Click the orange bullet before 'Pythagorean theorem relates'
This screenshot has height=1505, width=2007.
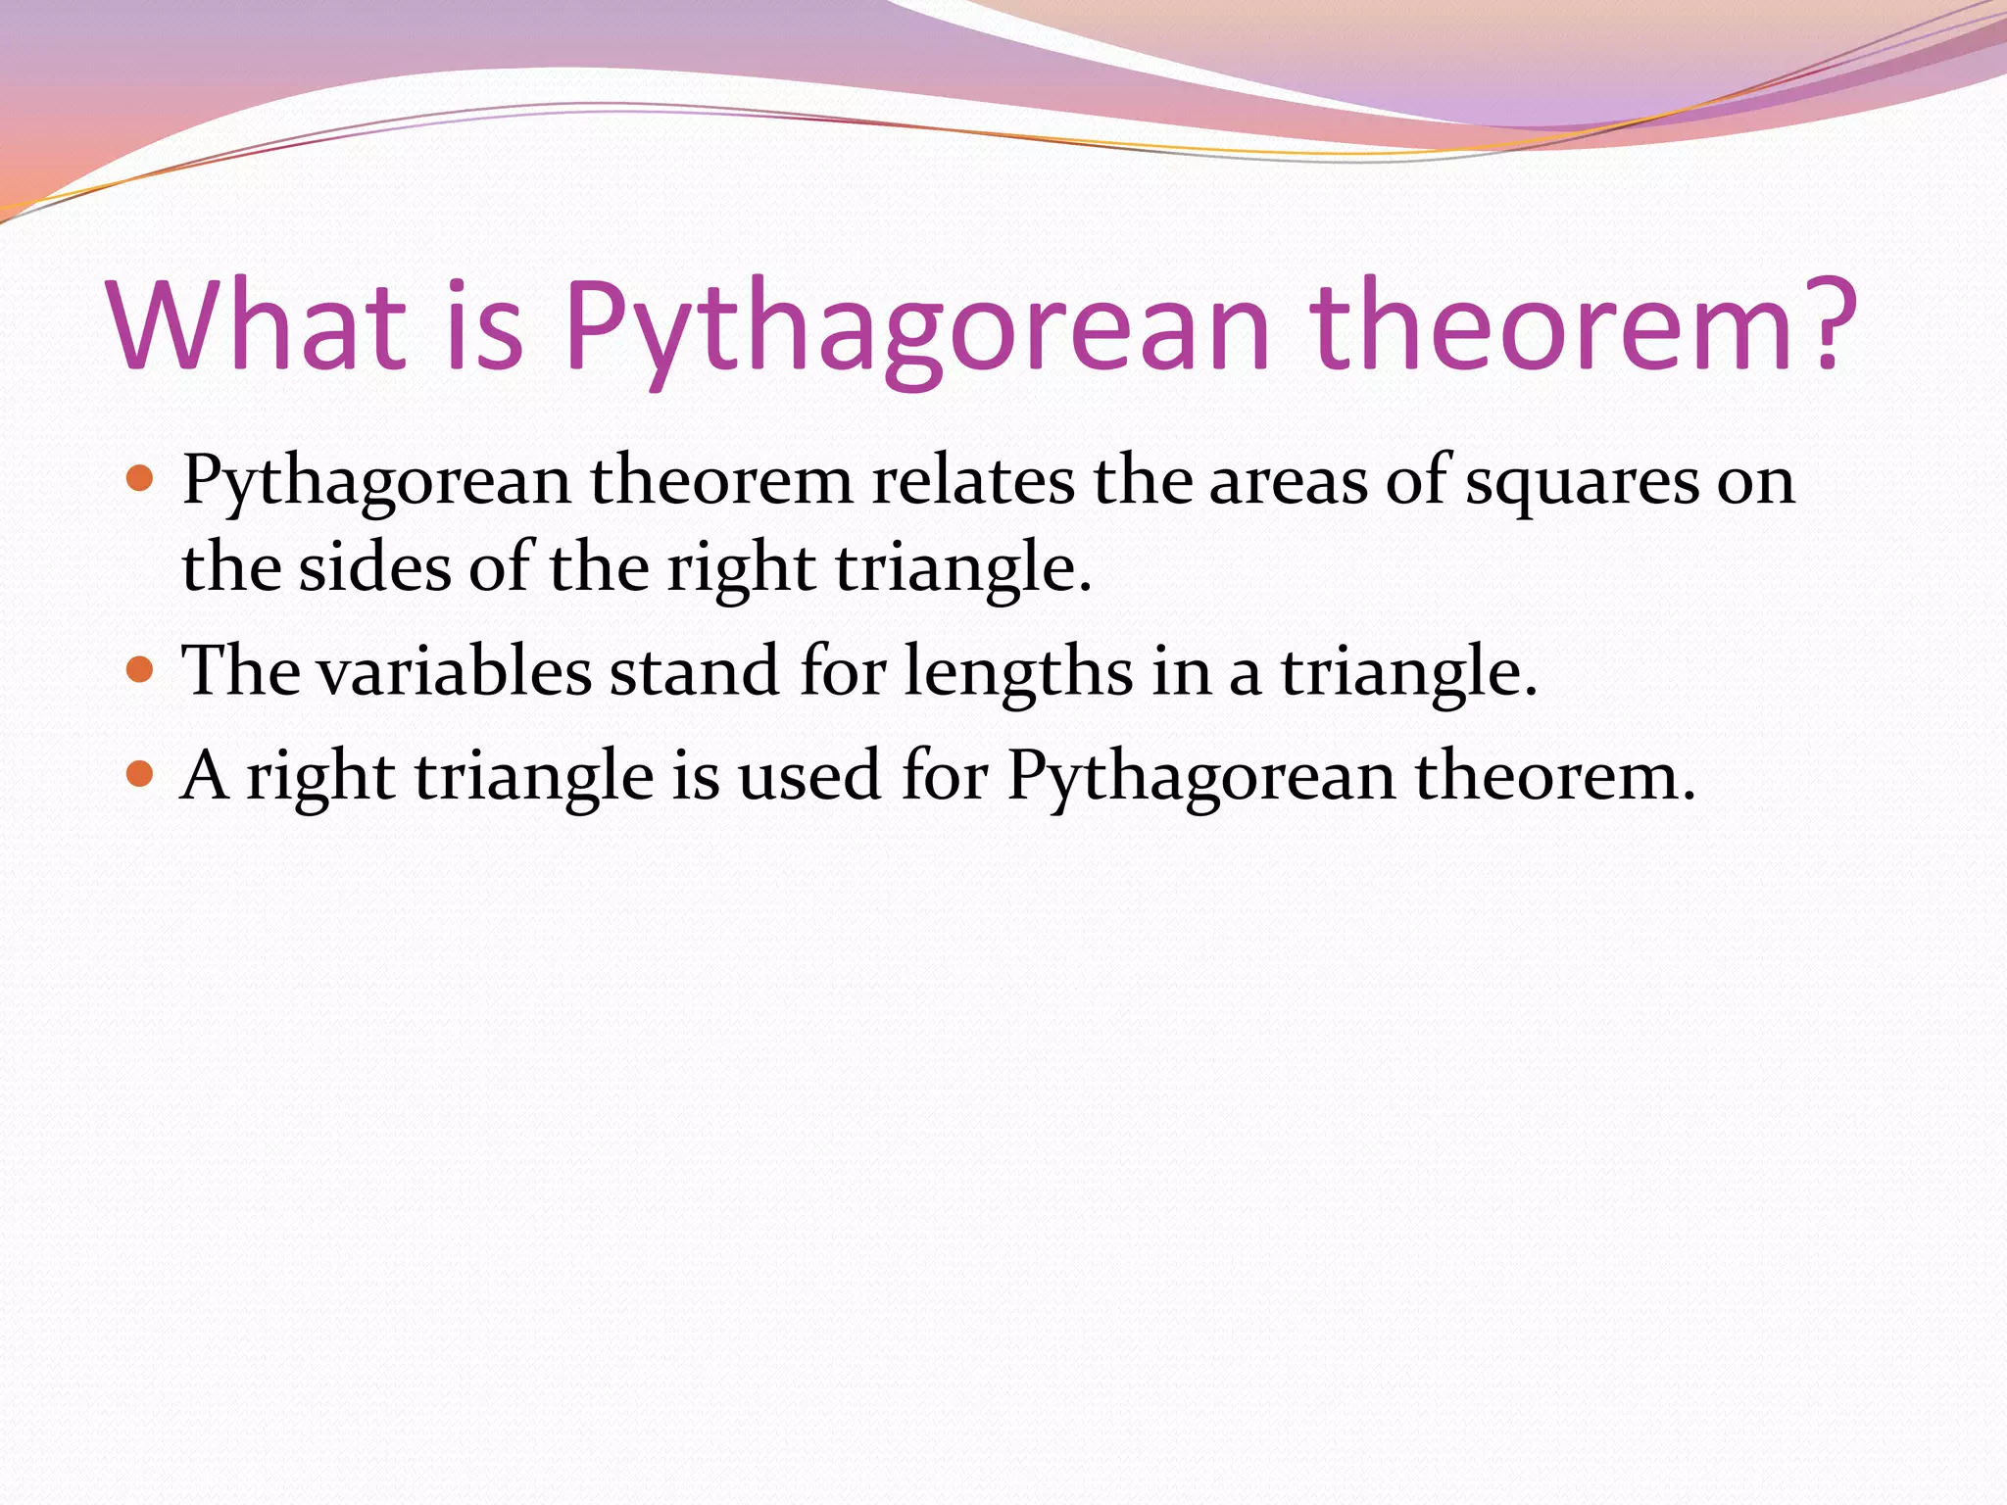(141, 479)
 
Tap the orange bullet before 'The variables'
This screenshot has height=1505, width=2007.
(141, 669)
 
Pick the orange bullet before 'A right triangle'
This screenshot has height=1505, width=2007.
(141, 774)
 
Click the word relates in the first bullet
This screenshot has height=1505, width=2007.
(972, 482)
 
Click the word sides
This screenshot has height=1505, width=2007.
(374, 568)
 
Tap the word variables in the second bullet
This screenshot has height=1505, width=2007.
(454, 672)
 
